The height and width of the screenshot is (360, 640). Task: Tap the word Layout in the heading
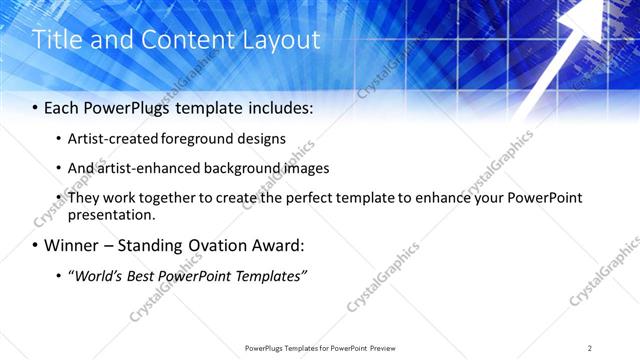[278, 40]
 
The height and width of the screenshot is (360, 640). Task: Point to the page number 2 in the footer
[590, 348]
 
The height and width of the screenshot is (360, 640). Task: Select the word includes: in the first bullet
[273, 107]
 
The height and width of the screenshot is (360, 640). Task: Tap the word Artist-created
[112, 138]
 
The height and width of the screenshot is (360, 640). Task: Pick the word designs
[262, 138]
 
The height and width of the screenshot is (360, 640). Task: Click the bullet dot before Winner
[36, 246]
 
